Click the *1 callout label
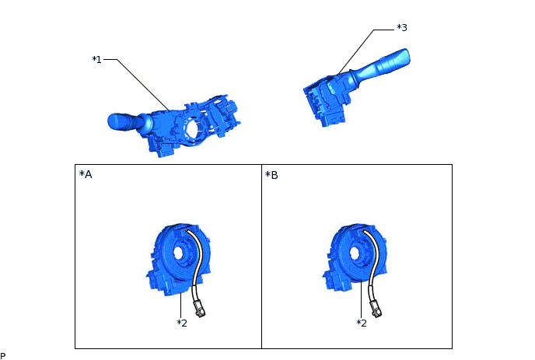click(97, 60)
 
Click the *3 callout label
click(402, 28)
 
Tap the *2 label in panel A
click(182, 323)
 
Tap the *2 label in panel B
click(362, 323)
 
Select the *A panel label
click(86, 174)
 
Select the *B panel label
click(271, 175)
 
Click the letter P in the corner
click(3, 357)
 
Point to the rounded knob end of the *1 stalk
click(116, 122)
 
